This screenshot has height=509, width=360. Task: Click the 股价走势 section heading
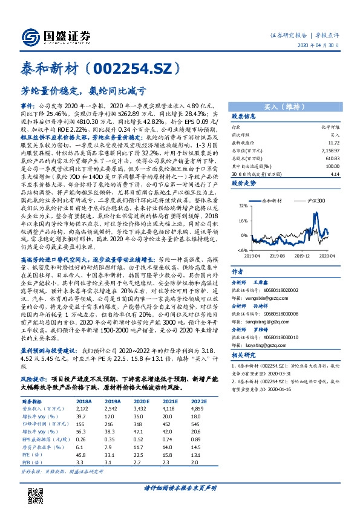pos(244,181)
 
